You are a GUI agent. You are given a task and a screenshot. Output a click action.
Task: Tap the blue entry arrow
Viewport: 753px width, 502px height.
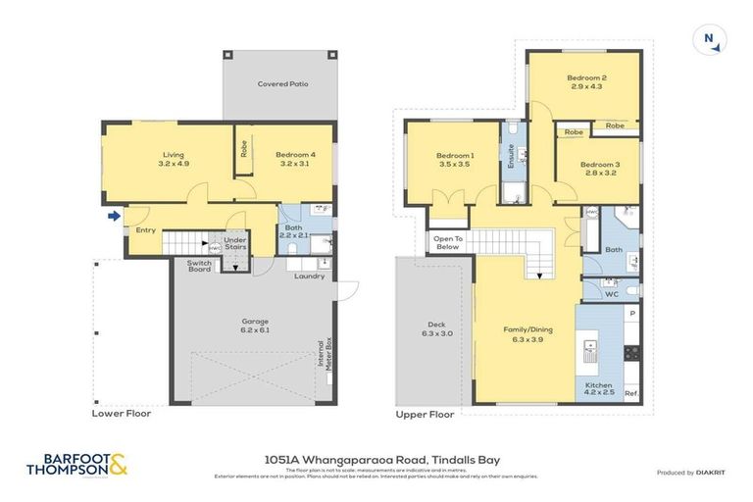[115, 216]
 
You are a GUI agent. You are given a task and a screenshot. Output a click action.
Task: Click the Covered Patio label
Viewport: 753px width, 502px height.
[283, 84]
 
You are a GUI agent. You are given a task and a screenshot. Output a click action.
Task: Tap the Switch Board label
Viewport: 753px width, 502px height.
[199, 265]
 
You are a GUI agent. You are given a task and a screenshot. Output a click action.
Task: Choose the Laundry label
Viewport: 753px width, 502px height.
[309, 276]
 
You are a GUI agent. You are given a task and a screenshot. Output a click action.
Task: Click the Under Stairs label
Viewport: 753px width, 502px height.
[234, 242]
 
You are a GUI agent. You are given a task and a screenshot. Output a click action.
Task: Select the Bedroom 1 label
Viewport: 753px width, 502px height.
[455, 161]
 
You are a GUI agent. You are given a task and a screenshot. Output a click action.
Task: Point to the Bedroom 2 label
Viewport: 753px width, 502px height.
[586, 81]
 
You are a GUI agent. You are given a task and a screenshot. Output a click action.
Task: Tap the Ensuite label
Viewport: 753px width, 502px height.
[511, 157]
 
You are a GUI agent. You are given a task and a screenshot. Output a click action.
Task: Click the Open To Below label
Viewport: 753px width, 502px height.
[446, 242]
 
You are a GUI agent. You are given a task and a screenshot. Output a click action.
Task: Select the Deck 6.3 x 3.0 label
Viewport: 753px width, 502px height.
[436, 328]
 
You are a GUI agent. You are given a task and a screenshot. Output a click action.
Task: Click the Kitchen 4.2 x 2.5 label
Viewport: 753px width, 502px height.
[599, 389]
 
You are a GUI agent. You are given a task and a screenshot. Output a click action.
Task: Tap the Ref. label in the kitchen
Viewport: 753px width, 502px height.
[631, 394]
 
